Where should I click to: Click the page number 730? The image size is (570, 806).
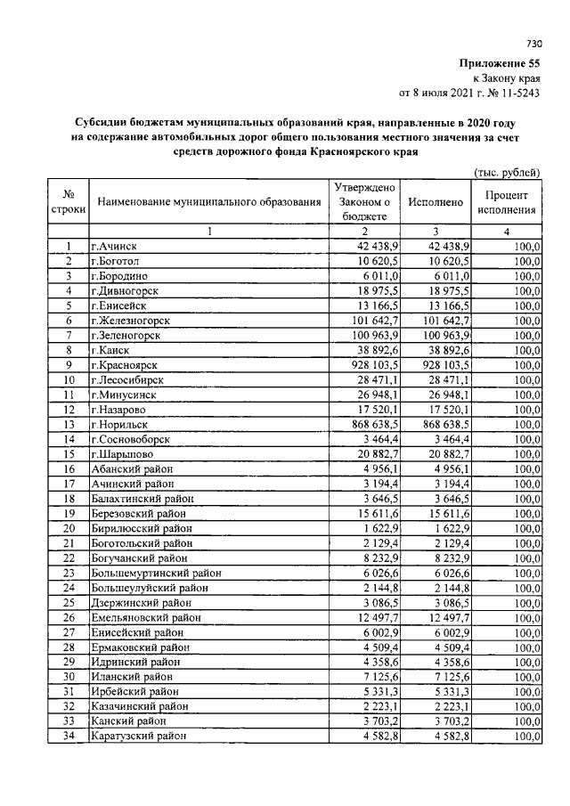(x=534, y=43)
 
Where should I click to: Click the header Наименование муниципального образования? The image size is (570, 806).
(x=209, y=202)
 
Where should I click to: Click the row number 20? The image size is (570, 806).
(x=68, y=528)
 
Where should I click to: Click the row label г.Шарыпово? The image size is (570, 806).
(x=121, y=454)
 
